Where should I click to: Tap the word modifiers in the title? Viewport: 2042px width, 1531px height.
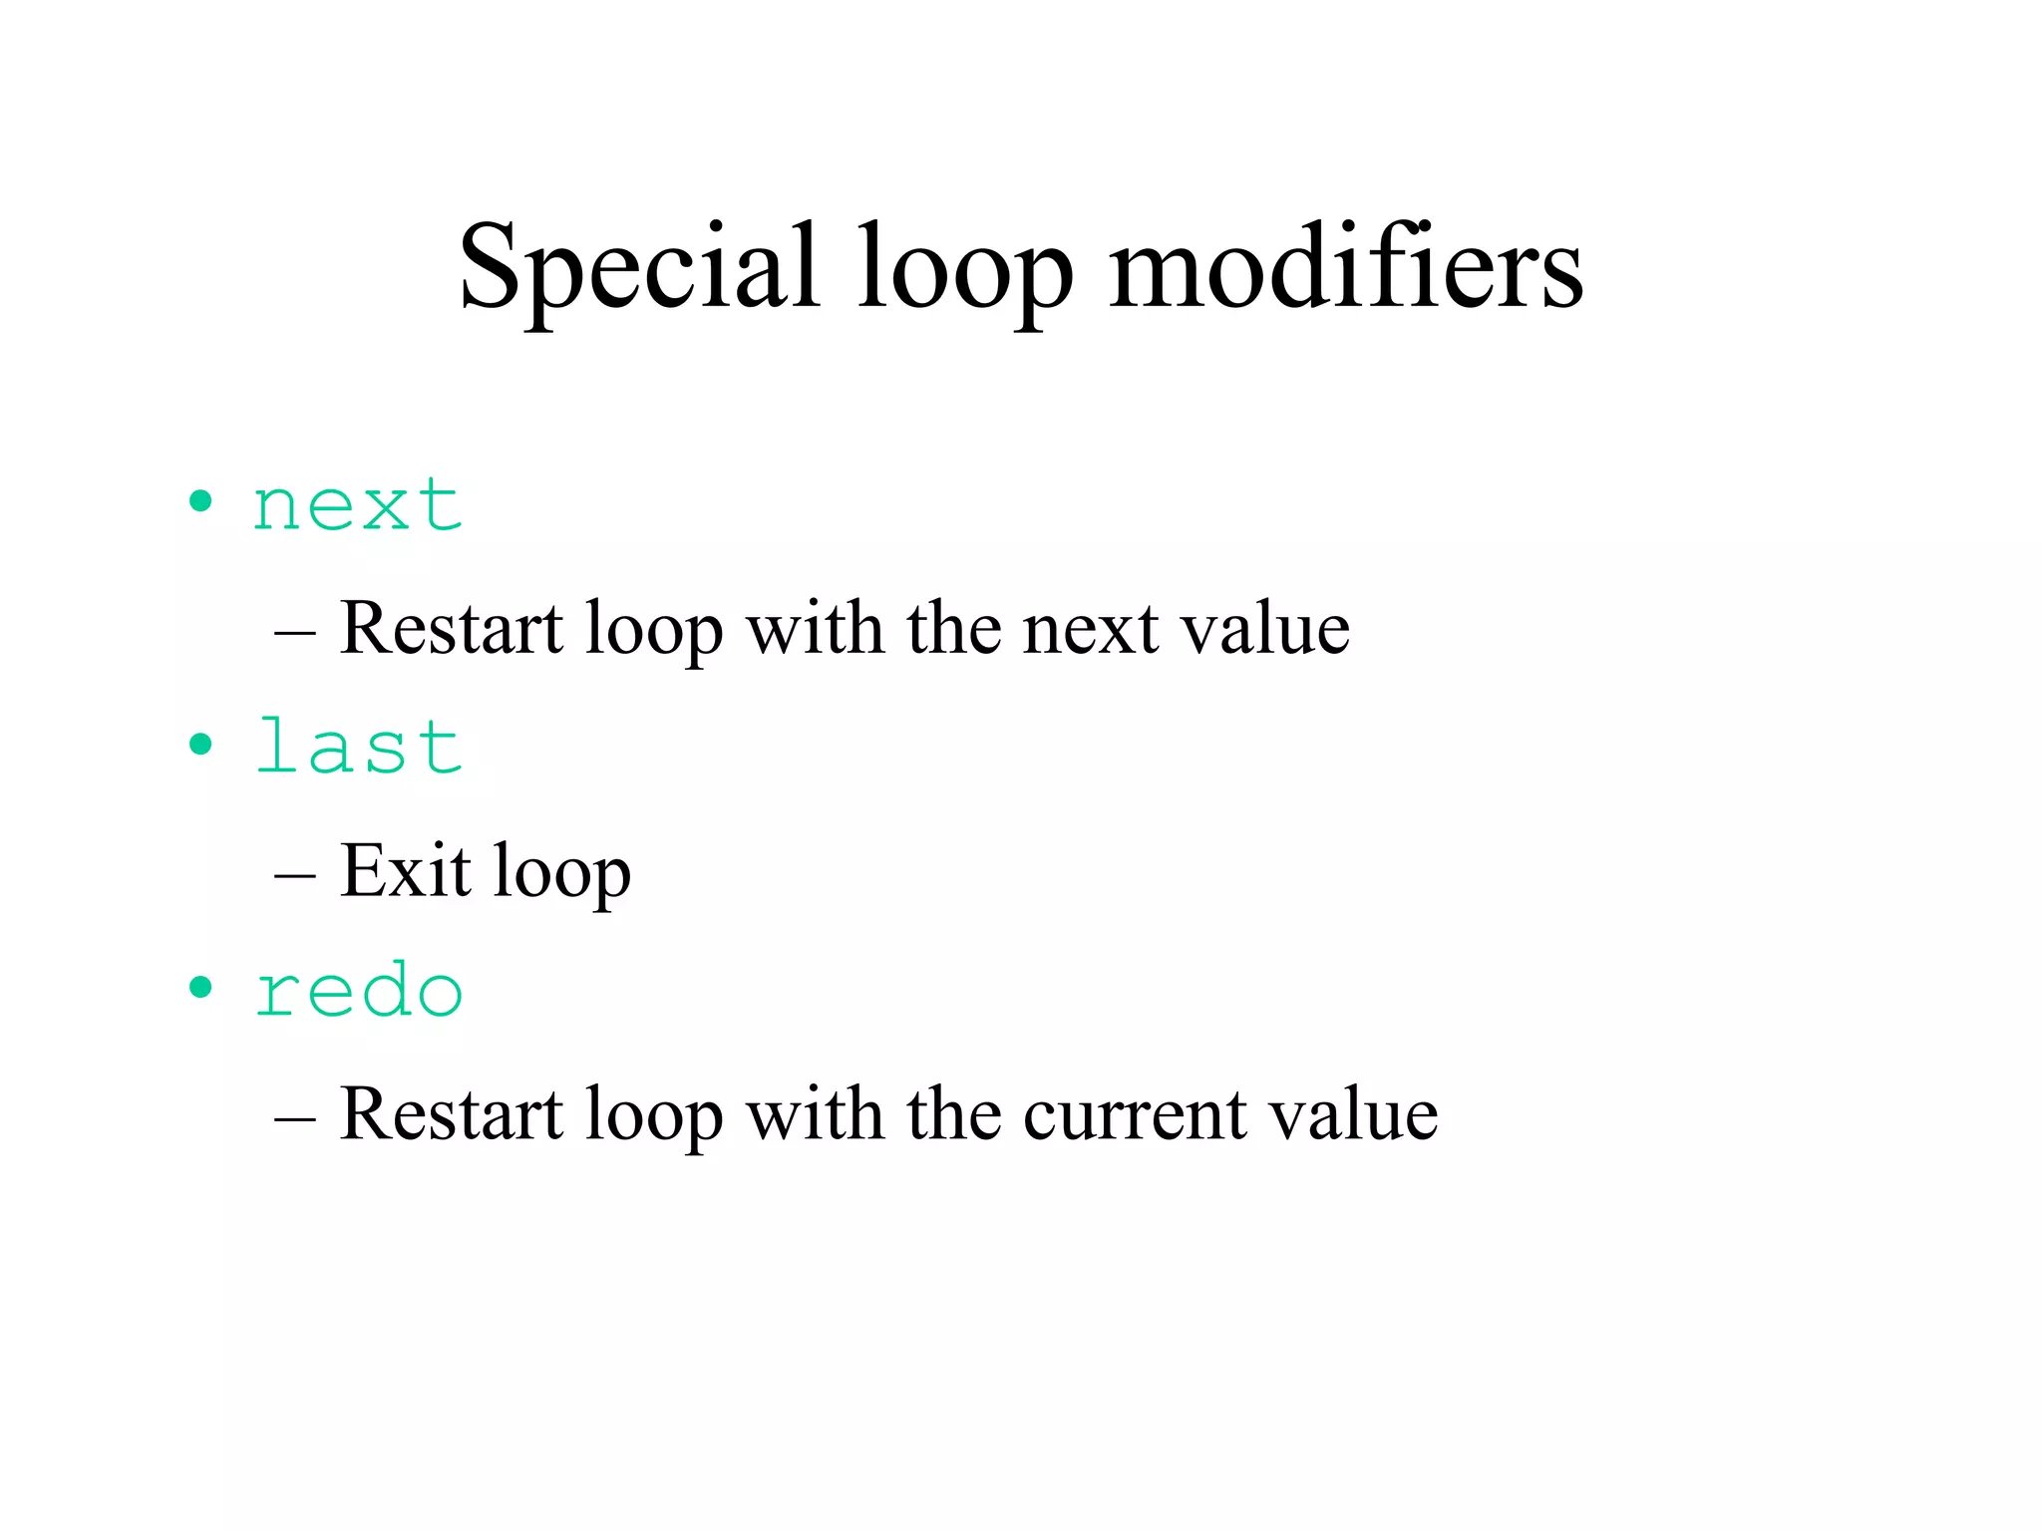(1345, 267)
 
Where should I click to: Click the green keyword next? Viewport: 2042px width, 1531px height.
(358, 505)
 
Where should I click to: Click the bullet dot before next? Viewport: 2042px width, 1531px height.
(200, 501)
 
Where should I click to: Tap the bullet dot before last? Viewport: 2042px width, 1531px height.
(200, 744)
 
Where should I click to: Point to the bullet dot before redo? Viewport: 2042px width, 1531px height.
(200, 987)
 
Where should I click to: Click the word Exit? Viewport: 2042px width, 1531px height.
(405, 870)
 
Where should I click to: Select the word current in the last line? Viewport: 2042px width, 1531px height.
(1134, 1113)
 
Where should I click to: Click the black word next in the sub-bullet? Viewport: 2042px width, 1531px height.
(1091, 629)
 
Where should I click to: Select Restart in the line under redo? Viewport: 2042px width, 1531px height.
(452, 1113)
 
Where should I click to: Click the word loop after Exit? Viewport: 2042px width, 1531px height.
(562, 872)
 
